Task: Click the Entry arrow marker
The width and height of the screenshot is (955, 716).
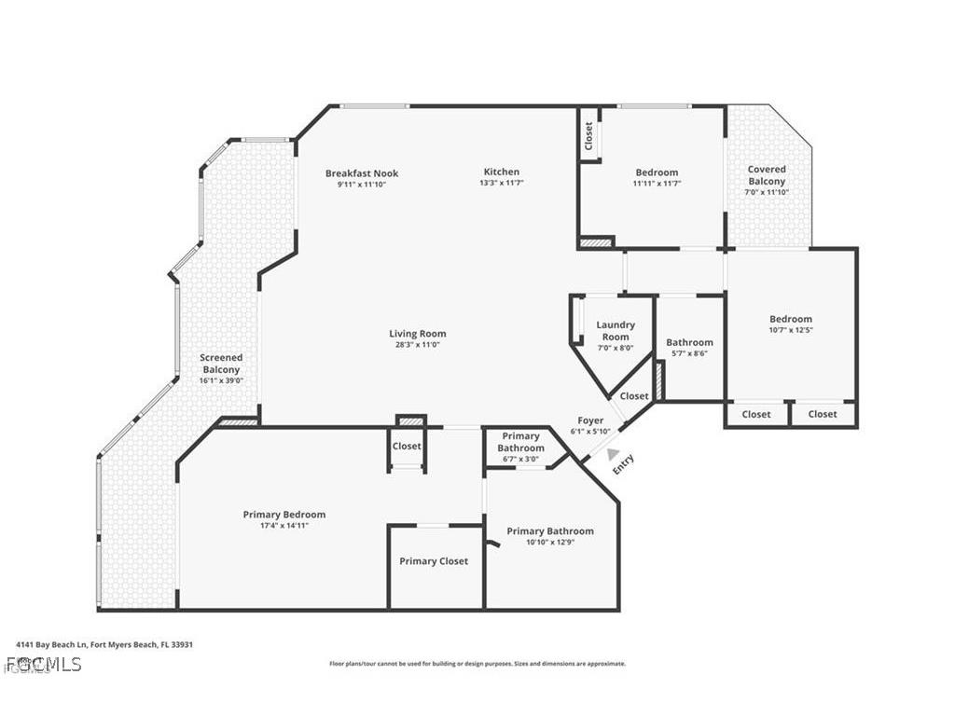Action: (x=613, y=454)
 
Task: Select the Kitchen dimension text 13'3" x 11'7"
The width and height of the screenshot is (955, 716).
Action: (x=501, y=184)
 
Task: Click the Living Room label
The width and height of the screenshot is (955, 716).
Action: (x=417, y=334)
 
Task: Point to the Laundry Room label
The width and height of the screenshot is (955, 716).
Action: (x=615, y=330)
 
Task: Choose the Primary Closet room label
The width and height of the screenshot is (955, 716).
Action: (x=434, y=561)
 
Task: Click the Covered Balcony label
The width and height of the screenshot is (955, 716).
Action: (x=767, y=175)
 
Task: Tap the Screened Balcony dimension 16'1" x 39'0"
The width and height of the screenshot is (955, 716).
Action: (x=222, y=381)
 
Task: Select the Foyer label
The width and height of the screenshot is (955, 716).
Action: (x=590, y=421)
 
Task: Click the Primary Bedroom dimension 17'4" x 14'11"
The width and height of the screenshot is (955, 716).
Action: (x=284, y=526)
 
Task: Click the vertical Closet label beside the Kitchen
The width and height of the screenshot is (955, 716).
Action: (x=588, y=137)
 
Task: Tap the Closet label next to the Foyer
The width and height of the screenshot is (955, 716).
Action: (x=634, y=396)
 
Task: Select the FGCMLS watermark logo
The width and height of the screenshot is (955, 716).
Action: (x=43, y=665)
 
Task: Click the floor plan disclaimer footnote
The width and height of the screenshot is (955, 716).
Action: (x=477, y=664)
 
